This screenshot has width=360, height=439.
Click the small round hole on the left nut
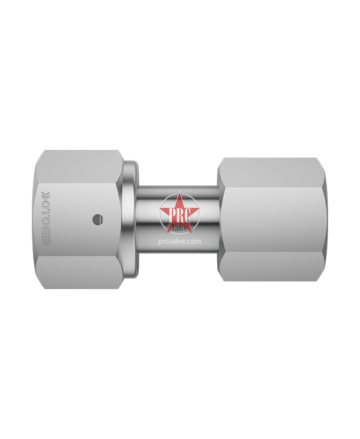pyautogui.click(x=94, y=220)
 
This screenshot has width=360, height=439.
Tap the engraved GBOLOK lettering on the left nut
pyautogui.click(x=46, y=220)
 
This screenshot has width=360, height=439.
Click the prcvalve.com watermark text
pyautogui.click(x=180, y=240)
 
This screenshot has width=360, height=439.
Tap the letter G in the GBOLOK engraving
pyautogui.click(x=46, y=243)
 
